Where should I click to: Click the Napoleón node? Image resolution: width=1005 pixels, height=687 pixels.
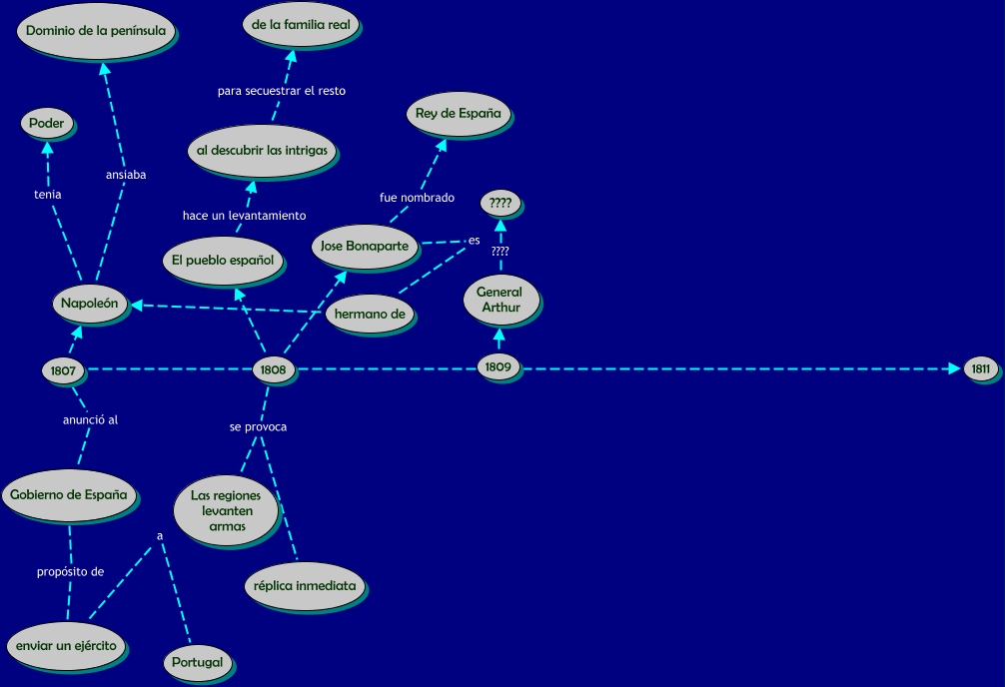coord(89,304)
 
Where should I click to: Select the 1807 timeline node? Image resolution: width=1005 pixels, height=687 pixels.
coord(63,370)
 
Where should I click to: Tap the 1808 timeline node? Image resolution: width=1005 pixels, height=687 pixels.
coord(273,369)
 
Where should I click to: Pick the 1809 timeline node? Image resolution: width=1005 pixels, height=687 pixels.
coord(498,367)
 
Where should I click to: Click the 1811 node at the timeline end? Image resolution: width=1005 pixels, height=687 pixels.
coord(980,369)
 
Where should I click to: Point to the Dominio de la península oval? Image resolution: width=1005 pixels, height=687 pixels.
coord(95,30)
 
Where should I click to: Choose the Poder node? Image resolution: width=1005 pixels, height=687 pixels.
coord(46,124)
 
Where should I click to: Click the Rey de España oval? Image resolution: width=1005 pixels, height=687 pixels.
coord(458,114)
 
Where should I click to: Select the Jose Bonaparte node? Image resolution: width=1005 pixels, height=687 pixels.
coord(363,246)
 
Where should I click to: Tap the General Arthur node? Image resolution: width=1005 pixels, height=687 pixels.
coord(500,300)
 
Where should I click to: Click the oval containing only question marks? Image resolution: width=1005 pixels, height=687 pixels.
coord(500,204)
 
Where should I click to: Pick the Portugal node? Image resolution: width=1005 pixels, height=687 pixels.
coord(197,662)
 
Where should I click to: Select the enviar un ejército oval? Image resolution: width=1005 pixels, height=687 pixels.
coord(66,645)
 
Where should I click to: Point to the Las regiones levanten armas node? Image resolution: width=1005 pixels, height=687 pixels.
coord(225,510)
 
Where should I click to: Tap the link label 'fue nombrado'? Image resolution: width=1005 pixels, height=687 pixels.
coord(417,198)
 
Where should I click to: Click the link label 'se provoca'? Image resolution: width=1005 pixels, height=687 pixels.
coord(258,427)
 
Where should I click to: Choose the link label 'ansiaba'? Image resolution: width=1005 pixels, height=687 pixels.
coord(126,175)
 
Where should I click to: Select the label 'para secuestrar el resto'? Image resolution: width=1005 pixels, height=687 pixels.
coord(282,91)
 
